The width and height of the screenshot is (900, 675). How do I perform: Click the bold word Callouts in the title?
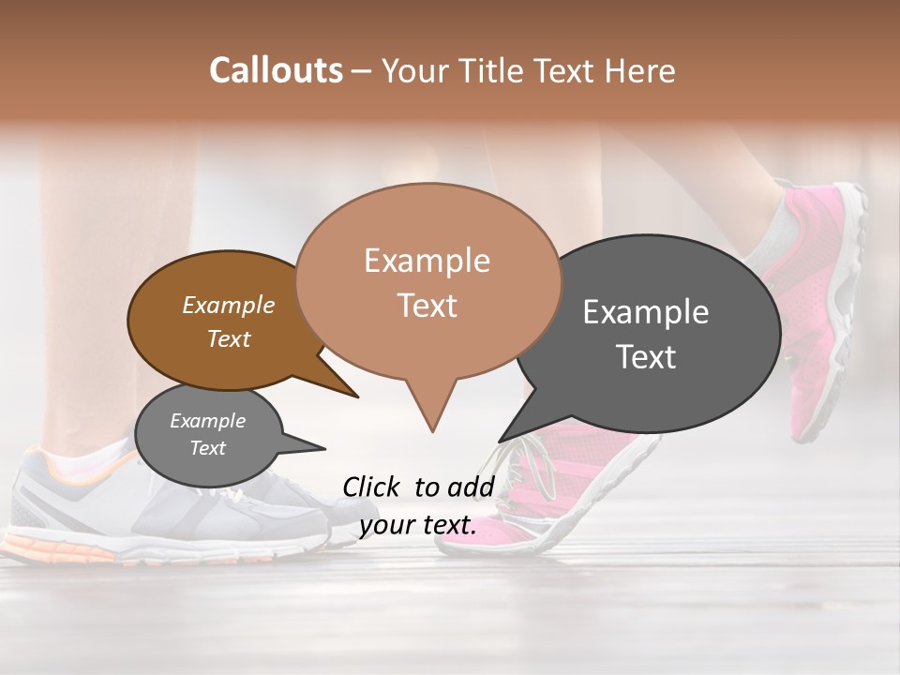point(276,70)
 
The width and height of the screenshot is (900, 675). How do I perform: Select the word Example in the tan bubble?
point(427,261)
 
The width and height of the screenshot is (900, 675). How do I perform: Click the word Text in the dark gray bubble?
point(646,357)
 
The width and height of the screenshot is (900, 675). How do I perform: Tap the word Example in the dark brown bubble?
point(228,306)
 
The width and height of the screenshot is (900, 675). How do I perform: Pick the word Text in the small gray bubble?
point(207,448)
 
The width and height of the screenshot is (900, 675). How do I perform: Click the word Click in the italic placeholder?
point(372,487)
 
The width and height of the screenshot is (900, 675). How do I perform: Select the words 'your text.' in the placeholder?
point(418,526)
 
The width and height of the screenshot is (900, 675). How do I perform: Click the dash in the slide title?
point(362,70)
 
